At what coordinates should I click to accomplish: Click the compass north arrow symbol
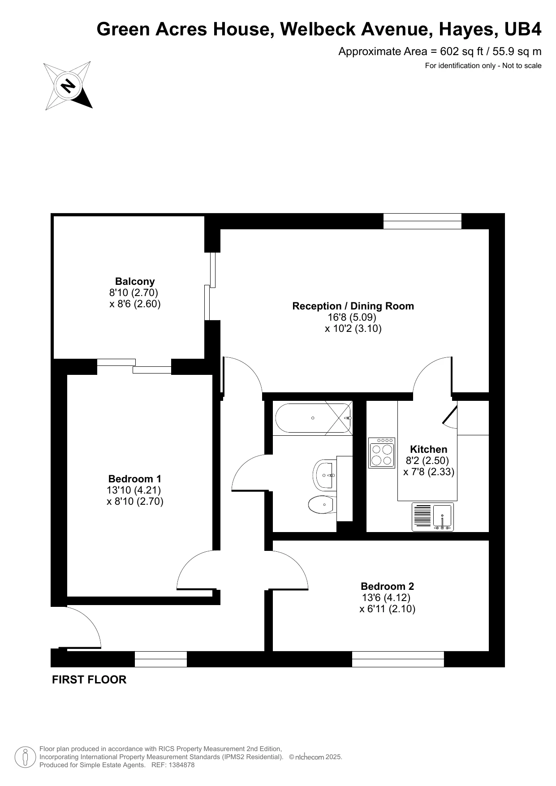[x=68, y=86]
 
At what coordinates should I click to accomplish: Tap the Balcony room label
[x=135, y=282]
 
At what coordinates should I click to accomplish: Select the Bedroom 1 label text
[x=135, y=479]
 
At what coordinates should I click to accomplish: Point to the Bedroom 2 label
[x=387, y=586]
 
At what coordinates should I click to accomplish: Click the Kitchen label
[x=428, y=449]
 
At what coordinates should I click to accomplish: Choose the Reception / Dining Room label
[x=353, y=306]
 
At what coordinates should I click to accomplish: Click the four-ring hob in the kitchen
[x=382, y=453]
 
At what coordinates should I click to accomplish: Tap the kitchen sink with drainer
[x=433, y=517]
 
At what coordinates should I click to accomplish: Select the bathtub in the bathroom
[x=313, y=418]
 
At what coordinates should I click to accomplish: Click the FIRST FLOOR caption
[x=89, y=680]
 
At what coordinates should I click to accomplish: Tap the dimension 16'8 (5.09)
[x=352, y=318]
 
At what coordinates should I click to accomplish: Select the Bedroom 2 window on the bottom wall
[x=398, y=659]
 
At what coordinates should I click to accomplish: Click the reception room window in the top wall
[x=422, y=221]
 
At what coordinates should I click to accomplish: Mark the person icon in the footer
[x=26, y=757]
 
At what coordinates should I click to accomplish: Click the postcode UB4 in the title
[x=523, y=30]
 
